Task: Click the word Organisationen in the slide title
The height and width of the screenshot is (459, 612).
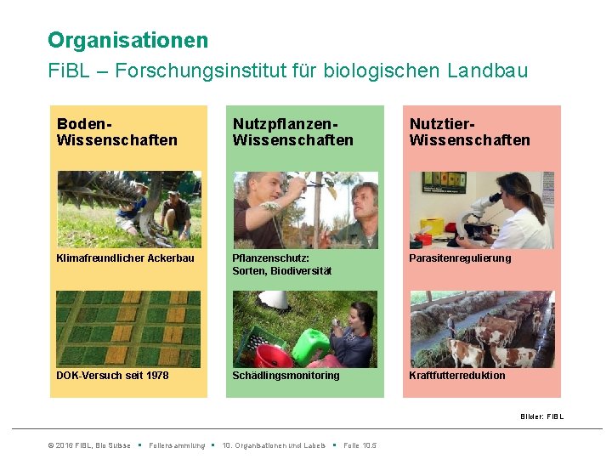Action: pos(127,40)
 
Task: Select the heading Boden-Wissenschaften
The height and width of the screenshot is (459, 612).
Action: pos(116,132)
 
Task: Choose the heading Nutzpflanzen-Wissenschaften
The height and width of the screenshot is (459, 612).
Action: pos(292,132)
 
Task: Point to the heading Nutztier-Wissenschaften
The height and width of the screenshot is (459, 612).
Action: pos(469,132)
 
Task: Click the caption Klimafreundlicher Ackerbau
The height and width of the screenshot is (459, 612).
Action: pos(125,258)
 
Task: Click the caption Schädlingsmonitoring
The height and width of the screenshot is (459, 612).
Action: pos(286,376)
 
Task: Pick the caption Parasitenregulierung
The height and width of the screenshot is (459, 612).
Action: pos(460,258)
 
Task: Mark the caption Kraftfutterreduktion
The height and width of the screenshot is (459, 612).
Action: pos(456,376)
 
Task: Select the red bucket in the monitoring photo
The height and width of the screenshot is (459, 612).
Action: pos(274,355)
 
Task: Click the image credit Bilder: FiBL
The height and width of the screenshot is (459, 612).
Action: pos(541,416)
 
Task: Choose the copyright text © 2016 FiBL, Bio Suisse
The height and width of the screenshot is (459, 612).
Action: pos(89,445)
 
